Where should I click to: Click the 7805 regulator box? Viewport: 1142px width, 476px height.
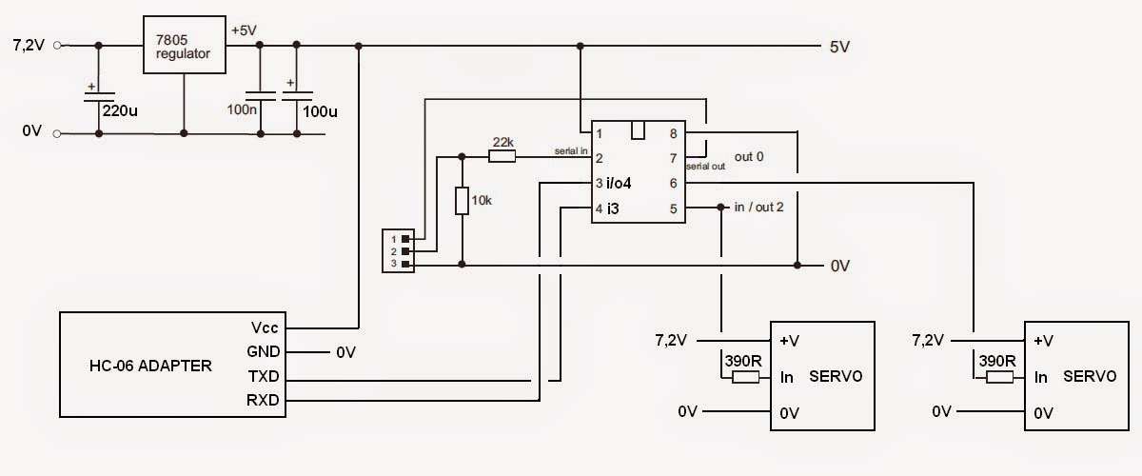(x=185, y=46)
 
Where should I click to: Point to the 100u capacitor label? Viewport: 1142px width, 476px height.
(x=319, y=111)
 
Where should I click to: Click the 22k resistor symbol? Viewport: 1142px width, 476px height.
(x=502, y=155)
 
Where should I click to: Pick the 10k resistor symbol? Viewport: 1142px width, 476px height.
(x=462, y=202)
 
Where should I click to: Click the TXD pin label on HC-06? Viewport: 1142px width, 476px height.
(x=263, y=377)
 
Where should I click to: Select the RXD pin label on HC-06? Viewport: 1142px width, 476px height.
(x=263, y=401)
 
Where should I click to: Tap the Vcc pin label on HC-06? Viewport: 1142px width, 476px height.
(x=265, y=327)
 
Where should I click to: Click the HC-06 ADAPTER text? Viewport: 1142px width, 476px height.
(x=148, y=365)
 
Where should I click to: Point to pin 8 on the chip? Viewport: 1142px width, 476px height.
(x=673, y=134)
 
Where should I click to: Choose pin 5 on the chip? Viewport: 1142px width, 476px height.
(x=673, y=208)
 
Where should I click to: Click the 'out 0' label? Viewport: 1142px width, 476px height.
(x=751, y=155)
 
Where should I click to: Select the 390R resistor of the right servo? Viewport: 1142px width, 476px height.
(x=999, y=377)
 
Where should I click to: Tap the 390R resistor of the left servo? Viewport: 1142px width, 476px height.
(x=745, y=377)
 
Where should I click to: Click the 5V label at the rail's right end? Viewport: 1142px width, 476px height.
(x=840, y=46)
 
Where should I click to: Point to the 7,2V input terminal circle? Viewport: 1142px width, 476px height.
(x=58, y=45)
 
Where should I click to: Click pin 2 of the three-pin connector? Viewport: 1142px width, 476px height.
(x=406, y=251)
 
